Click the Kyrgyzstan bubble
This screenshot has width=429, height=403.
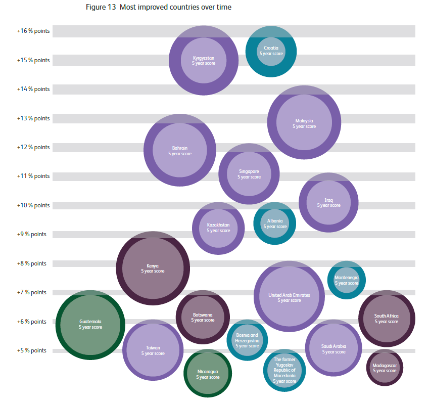204,60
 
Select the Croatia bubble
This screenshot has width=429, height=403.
271,51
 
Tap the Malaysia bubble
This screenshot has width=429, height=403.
304,123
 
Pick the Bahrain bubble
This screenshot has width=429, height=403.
180,150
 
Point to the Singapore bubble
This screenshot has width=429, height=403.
249,173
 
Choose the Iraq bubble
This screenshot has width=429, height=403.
328,202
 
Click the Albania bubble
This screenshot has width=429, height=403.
275,223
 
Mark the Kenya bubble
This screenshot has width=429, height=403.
153,268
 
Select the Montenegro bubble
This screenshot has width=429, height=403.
347,280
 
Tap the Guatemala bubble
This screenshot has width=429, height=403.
90,324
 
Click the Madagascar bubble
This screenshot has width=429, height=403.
385,368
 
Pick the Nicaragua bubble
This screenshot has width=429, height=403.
208,374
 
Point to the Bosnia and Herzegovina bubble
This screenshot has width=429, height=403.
247,340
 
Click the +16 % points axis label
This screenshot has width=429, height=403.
33,31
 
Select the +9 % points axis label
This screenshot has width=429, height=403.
33,234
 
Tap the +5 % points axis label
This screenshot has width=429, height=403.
33,350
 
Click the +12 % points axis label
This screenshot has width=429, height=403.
33,147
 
